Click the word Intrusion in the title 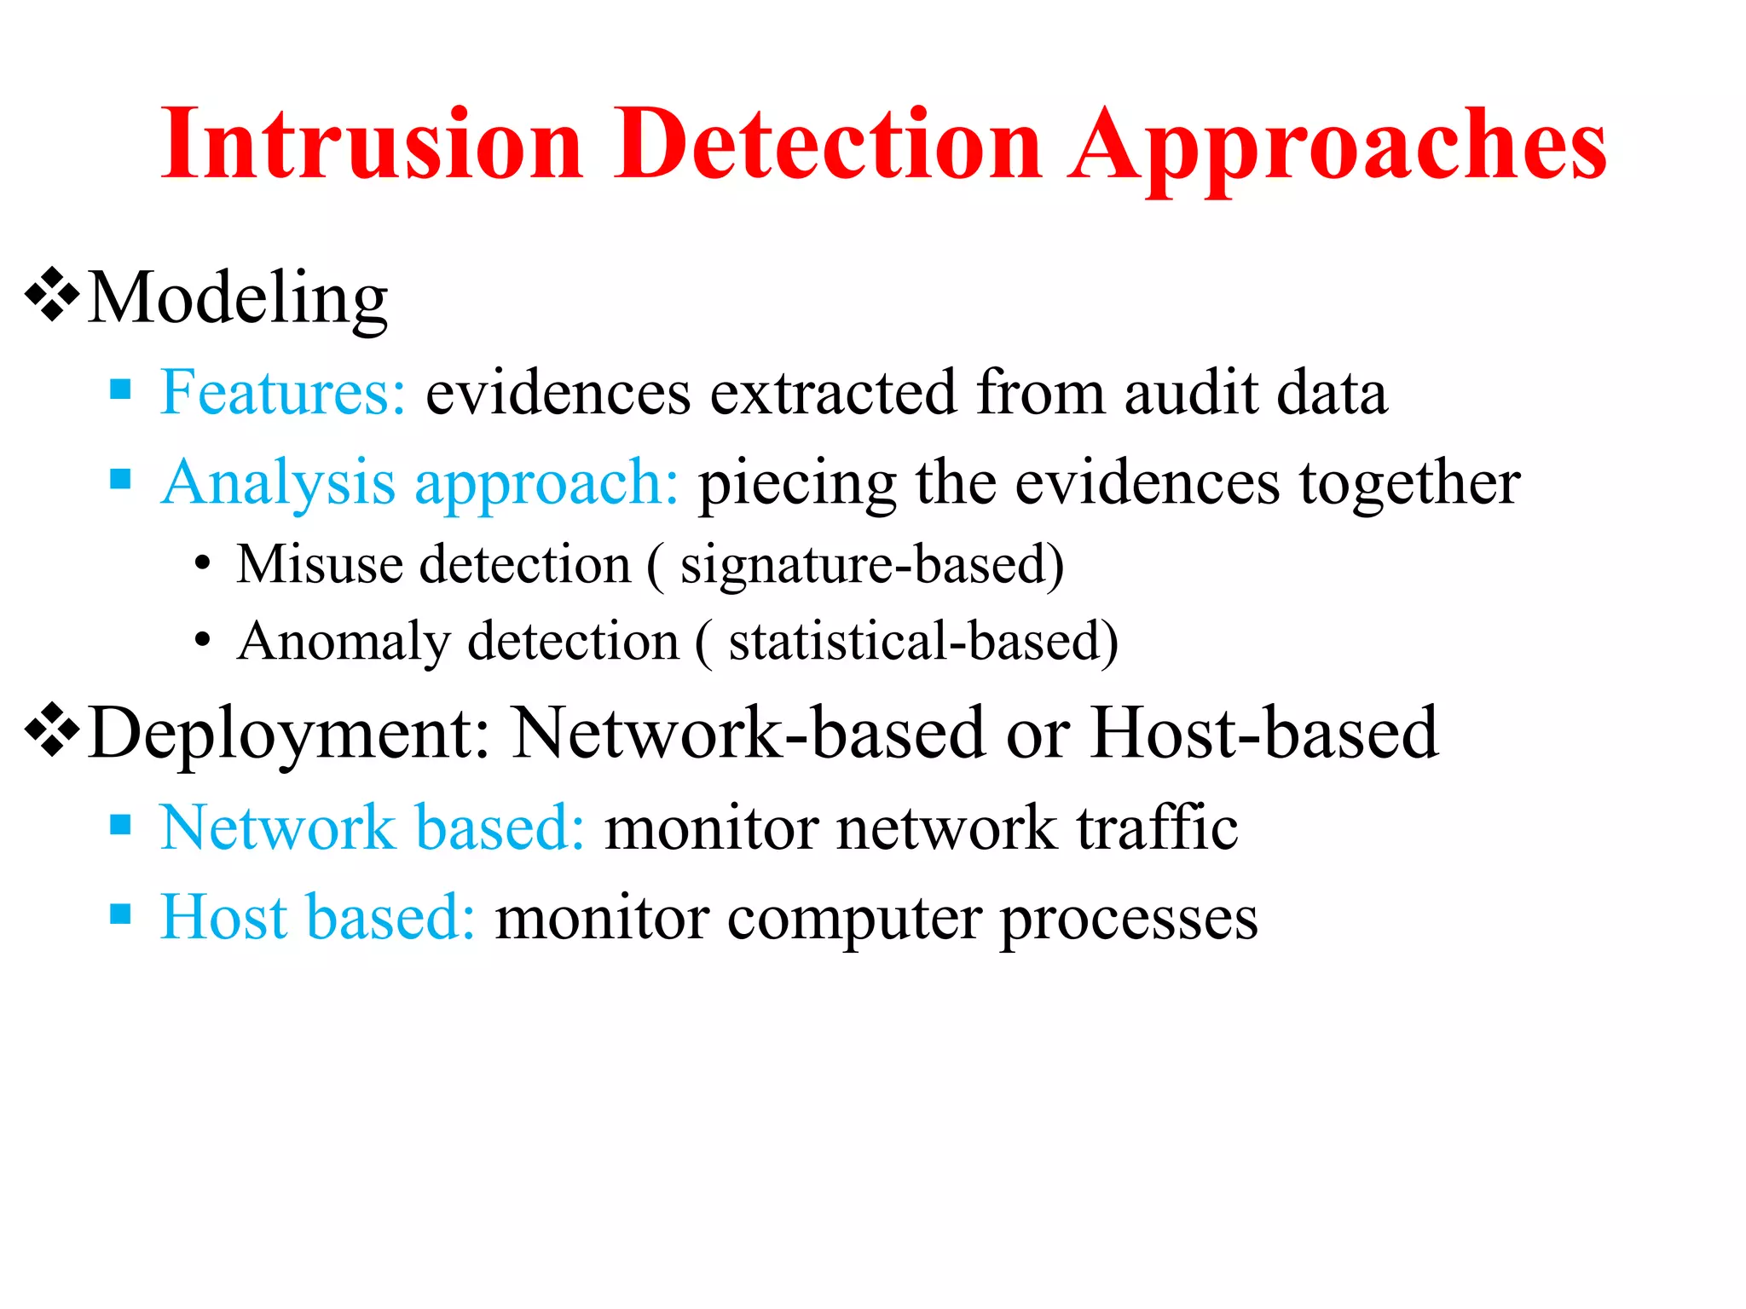372,145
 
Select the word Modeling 238,298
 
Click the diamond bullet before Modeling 52,295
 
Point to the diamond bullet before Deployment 52,729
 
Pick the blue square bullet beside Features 121,390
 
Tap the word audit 1190,393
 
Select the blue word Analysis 278,484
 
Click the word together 1410,484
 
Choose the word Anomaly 344,642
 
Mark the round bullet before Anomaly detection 202,640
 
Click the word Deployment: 290,733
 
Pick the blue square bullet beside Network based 121,824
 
